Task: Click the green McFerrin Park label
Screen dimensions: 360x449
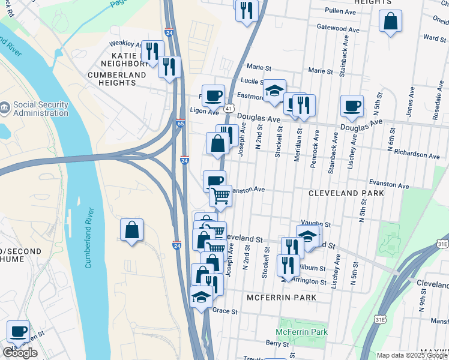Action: (x=301, y=332)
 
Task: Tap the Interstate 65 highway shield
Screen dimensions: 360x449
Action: (x=181, y=123)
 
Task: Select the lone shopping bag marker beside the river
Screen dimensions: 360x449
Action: (x=132, y=230)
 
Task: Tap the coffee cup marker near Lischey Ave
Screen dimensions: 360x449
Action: (x=352, y=106)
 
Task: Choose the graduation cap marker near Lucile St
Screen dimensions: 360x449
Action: (x=275, y=91)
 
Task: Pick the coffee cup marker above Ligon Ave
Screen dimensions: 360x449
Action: (x=212, y=95)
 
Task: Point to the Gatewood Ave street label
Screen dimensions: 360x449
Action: (x=338, y=28)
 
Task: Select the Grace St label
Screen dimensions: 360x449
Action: (x=225, y=312)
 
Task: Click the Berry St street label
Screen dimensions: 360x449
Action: (x=277, y=344)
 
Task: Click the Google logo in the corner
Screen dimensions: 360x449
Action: (x=20, y=353)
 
